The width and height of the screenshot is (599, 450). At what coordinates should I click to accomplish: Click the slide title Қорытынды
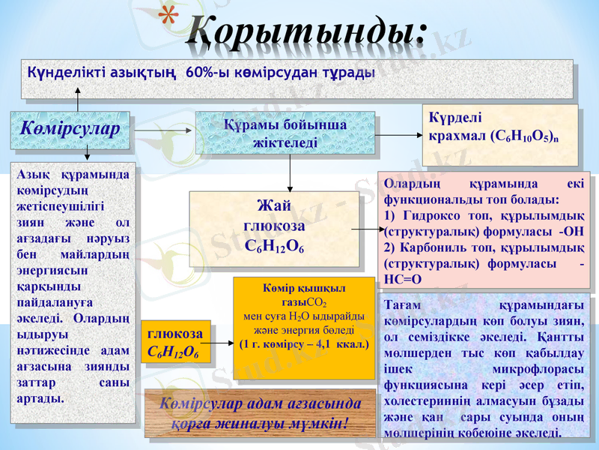305,30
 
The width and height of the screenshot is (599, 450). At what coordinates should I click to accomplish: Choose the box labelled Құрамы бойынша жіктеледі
285,133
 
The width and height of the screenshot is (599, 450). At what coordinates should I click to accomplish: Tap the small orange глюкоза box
175,341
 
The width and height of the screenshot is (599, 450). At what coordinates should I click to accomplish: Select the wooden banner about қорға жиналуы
260,413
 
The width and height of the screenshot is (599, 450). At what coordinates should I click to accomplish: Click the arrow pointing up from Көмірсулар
76,96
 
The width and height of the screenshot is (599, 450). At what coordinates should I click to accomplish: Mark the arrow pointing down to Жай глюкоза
290,180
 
